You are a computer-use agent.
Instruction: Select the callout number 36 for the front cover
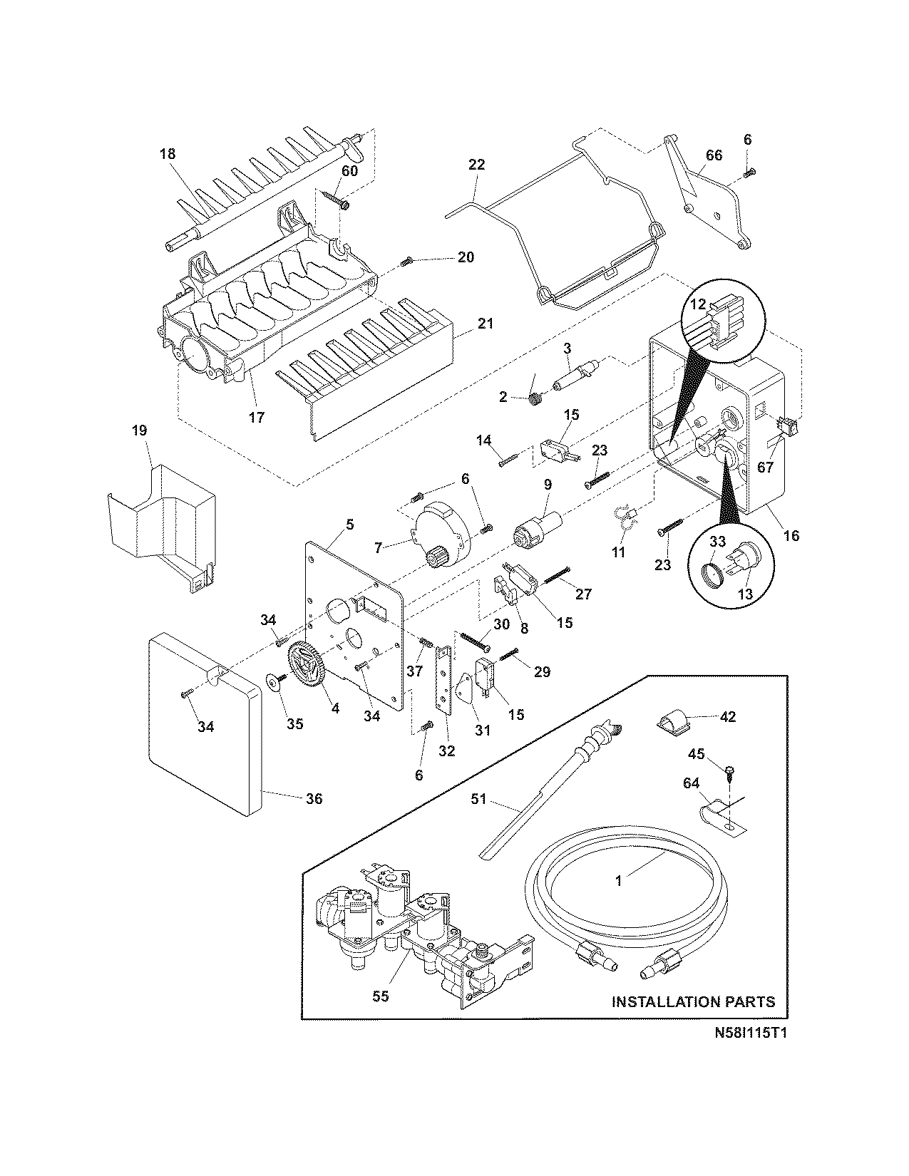click(314, 799)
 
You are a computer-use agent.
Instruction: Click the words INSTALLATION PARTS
click(693, 1001)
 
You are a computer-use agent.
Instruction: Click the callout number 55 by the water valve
click(381, 996)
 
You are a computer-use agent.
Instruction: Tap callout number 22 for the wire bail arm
click(476, 165)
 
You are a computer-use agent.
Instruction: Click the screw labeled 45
click(729, 770)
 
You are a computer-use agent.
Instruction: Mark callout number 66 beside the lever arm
click(714, 155)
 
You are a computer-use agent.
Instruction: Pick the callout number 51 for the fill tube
click(478, 799)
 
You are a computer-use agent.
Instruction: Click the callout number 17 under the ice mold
click(256, 417)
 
